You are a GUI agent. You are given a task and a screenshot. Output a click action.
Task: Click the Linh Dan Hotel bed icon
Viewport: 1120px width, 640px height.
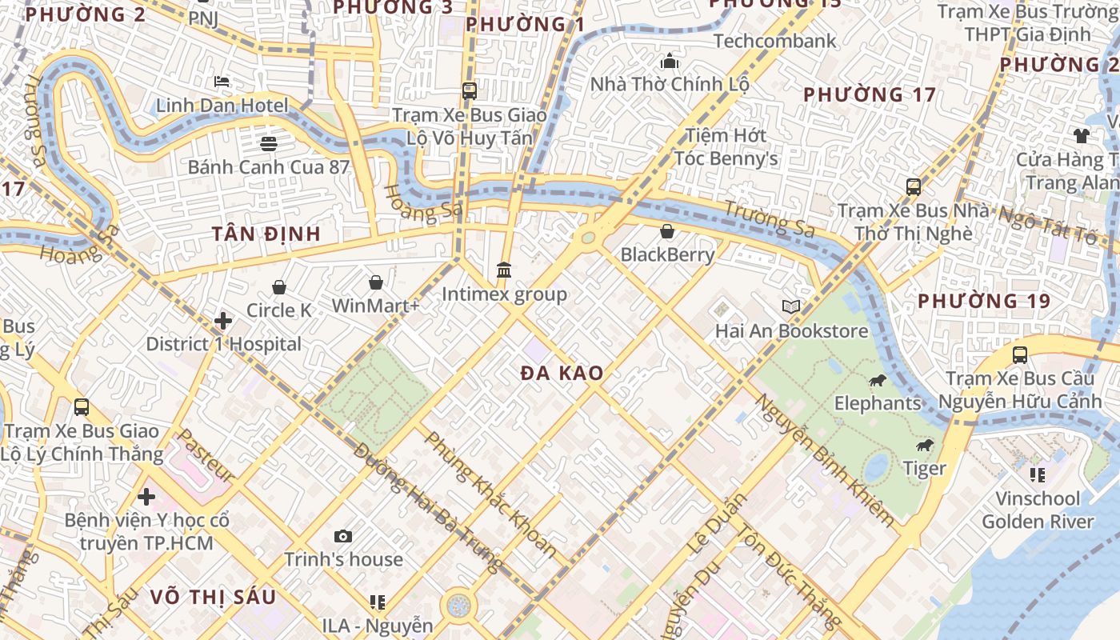(x=222, y=82)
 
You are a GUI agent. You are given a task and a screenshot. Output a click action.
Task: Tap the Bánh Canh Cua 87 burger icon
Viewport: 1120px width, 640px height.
(x=268, y=144)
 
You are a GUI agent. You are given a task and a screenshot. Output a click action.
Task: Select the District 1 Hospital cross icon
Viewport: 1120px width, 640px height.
(x=223, y=322)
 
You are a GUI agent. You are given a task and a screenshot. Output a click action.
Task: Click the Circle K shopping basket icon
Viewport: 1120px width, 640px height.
(x=279, y=287)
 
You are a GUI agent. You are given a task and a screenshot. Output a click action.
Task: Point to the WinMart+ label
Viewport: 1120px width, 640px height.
(x=375, y=306)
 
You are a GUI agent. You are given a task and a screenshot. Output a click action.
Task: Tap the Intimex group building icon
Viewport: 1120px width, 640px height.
(x=504, y=270)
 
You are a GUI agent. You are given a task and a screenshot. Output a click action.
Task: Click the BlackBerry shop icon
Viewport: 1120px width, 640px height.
(x=667, y=232)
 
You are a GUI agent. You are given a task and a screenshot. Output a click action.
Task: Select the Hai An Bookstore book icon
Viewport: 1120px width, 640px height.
(x=791, y=307)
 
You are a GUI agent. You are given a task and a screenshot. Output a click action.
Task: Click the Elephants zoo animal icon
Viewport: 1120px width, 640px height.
(x=878, y=380)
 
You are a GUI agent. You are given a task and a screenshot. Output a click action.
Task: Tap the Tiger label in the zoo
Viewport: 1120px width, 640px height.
(x=925, y=468)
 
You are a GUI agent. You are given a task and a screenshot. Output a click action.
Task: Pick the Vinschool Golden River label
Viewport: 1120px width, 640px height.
(x=1038, y=510)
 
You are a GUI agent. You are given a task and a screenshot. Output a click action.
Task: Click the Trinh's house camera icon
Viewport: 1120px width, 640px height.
(x=343, y=536)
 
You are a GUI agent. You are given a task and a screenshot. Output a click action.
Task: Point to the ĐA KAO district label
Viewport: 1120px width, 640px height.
(x=562, y=374)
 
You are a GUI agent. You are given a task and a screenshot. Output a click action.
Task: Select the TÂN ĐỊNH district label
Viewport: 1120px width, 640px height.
(x=266, y=234)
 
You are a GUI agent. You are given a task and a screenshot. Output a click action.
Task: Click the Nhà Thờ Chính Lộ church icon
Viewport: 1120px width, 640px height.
(x=669, y=62)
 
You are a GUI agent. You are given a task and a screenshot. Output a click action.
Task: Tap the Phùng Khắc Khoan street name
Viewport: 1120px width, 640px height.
(x=490, y=494)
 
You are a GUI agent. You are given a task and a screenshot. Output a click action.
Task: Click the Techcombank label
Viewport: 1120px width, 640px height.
(x=774, y=41)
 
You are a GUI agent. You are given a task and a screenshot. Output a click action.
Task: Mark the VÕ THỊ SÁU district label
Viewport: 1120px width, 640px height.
(x=213, y=597)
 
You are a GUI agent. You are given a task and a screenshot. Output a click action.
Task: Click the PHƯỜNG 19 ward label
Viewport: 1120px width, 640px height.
(x=985, y=302)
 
